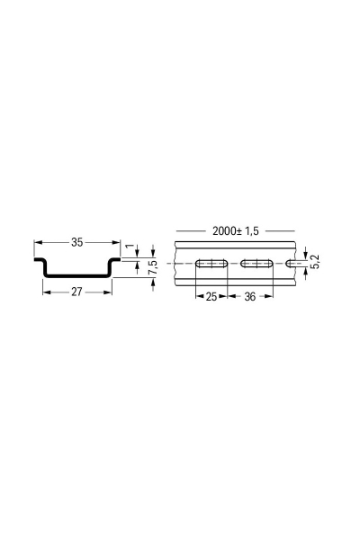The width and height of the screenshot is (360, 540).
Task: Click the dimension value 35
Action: click(x=76, y=242)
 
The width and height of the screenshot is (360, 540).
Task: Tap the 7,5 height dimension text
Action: click(x=154, y=269)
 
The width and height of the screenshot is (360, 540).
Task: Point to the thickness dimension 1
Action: click(x=130, y=245)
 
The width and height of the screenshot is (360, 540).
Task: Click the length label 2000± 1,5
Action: click(x=236, y=230)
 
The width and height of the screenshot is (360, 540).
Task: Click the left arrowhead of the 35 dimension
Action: click(x=38, y=242)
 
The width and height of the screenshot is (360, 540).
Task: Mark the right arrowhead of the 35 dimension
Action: click(x=117, y=242)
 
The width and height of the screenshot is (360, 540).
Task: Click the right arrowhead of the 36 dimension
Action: click(x=269, y=295)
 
